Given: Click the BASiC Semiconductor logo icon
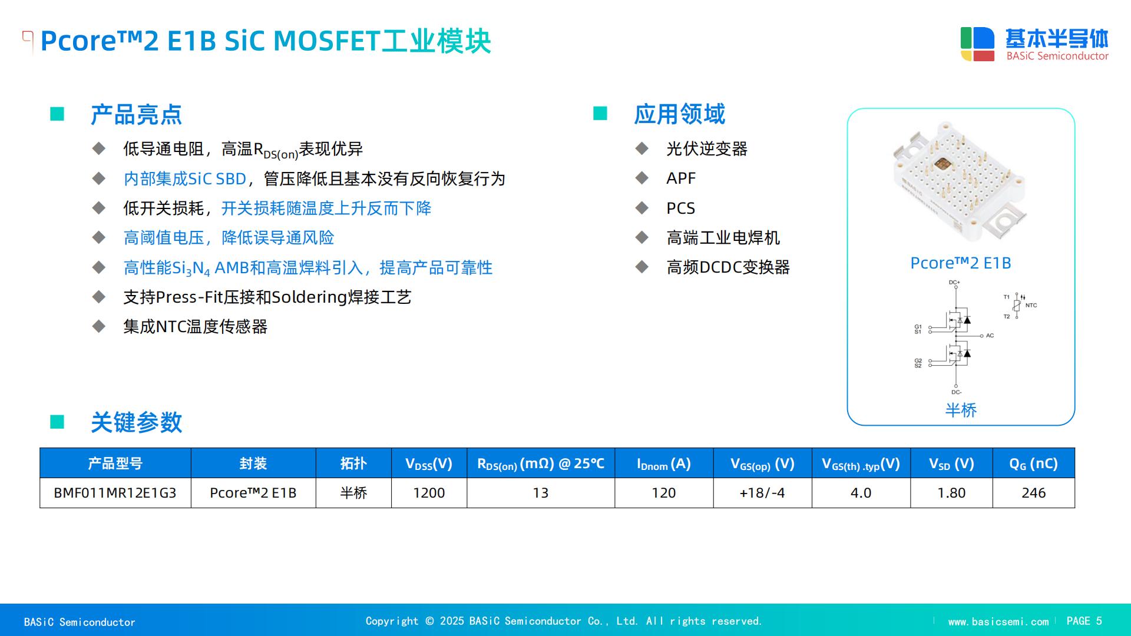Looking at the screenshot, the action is pyautogui.click(x=977, y=44).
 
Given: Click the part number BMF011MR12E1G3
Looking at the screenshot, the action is pyautogui.click(x=115, y=493).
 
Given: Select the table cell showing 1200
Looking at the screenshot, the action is pyautogui.click(x=429, y=493).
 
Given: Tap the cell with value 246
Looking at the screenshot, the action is pyautogui.click(x=1033, y=493).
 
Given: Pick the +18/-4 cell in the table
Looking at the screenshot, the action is pyautogui.click(x=762, y=493).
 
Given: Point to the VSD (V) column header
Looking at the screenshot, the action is pyautogui.click(x=951, y=463).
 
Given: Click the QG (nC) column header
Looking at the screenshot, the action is pyautogui.click(x=1033, y=463).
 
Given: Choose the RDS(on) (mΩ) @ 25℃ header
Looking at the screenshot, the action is pyautogui.click(x=541, y=463).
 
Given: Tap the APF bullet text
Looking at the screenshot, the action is pyautogui.click(x=681, y=178).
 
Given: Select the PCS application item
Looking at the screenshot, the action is pyautogui.click(x=681, y=208).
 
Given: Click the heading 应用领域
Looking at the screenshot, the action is pyautogui.click(x=679, y=114).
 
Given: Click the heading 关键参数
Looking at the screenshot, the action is pyautogui.click(x=136, y=423).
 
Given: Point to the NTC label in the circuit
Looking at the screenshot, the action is pyautogui.click(x=1031, y=305).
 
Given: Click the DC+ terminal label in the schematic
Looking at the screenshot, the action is pyautogui.click(x=954, y=283).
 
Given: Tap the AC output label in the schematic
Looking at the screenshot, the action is pyautogui.click(x=990, y=336).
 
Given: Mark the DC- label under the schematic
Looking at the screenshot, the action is pyautogui.click(x=956, y=392).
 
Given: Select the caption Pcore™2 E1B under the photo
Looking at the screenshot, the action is pyautogui.click(x=961, y=263).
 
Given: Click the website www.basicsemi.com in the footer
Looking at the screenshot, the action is pyautogui.click(x=998, y=622).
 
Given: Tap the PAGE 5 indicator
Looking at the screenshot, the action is pyautogui.click(x=1084, y=621).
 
